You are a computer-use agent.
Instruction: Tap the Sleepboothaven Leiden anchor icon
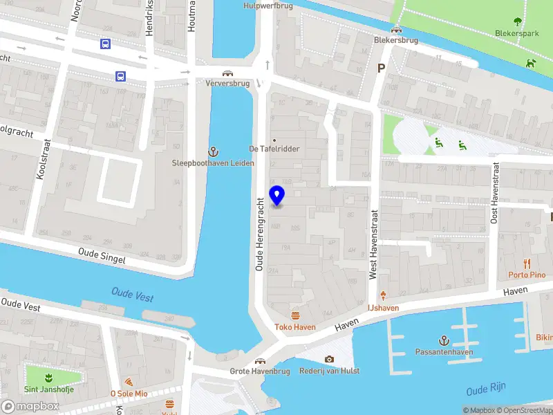(x=214, y=151)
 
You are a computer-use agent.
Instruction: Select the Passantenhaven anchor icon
(x=444, y=340)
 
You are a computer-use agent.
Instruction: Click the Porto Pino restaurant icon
(x=527, y=264)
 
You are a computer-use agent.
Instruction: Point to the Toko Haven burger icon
(x=296, y=316)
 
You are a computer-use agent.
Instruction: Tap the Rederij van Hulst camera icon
(x=329, y=359)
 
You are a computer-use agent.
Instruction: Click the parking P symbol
(x=380, y=68)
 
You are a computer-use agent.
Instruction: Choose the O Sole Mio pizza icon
(x=129, y=382)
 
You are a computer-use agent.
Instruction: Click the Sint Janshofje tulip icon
(x=48, y=378)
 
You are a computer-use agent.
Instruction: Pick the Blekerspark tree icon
(x=518, y=21)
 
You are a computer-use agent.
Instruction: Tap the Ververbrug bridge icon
(x=227, y=73)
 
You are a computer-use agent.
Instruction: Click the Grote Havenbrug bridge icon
(x=260, y=361)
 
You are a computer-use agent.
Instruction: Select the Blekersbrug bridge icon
(x=396, y=29)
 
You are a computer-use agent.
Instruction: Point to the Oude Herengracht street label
(x=261, y=231)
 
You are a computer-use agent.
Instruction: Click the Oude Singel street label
(x=102, y=256)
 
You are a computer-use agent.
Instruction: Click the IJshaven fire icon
(x=382, y=295)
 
